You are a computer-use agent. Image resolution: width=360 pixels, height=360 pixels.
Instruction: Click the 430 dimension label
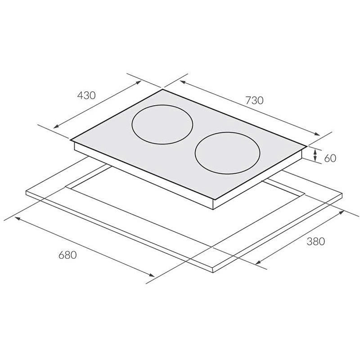pos(86,95)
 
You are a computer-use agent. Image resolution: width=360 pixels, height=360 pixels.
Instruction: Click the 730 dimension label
pos(254,100)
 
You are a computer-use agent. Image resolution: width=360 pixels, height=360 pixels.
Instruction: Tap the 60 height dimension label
pos(330,158)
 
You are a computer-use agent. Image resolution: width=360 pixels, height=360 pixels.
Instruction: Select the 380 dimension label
pos(315,241)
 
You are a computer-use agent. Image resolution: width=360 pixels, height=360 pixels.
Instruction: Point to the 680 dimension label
pos(67,255)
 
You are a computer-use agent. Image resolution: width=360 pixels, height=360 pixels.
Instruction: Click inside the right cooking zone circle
pos(227,152)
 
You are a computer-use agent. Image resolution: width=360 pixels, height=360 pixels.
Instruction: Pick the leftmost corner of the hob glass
pos(71,139)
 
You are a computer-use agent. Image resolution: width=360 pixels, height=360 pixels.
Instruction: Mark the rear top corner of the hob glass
pos(163,90)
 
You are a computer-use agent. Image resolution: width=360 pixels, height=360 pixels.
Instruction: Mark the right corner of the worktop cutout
pos(305,194)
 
